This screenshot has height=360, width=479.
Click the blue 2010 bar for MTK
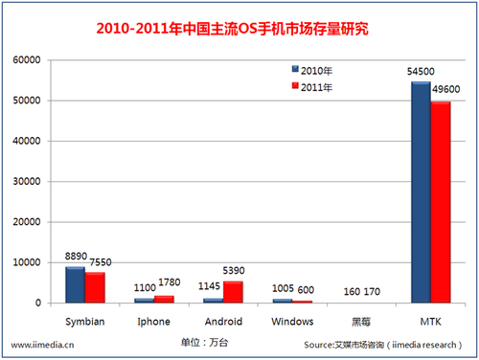tap(421, 191)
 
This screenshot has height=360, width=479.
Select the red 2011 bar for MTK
tap(441, 202)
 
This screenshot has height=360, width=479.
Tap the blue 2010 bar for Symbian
tap(75, 284)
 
